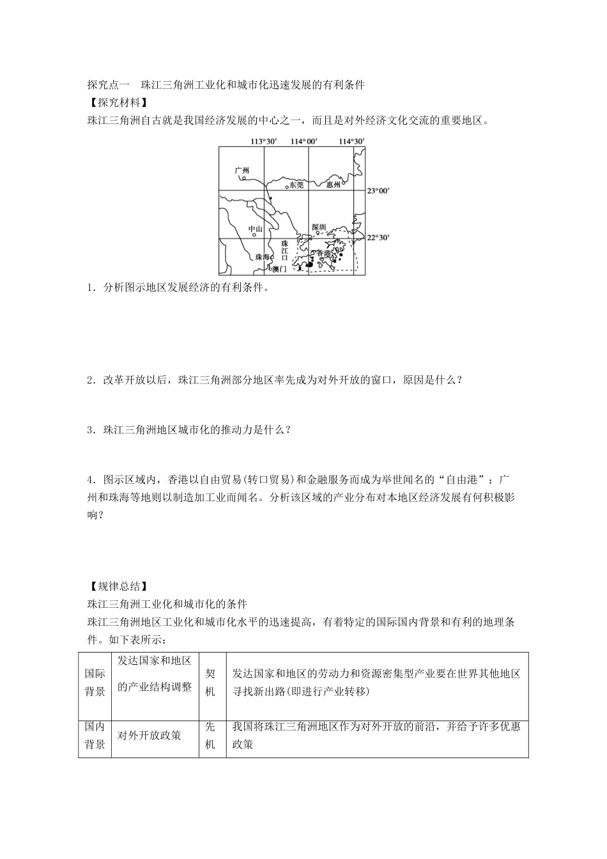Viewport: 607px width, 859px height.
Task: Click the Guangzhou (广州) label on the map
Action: tap(241, 170)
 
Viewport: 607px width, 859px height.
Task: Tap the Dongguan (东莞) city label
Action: tap(296, 185)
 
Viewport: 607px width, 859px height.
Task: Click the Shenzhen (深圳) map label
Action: tap(319, 228)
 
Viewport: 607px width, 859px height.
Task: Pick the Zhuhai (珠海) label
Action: tap(263, 256)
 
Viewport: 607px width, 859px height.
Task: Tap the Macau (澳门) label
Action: tap(279, 270)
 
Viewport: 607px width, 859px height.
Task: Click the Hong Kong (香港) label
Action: tap(325, 254)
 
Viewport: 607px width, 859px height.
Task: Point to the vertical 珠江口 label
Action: tap(285, 251)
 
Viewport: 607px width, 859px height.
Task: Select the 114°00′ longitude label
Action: tap(304, 141)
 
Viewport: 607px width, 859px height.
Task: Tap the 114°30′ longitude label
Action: tap(351, 141)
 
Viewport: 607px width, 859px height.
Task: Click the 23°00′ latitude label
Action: tap(378, 190)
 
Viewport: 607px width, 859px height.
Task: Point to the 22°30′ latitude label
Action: tap(378, 238)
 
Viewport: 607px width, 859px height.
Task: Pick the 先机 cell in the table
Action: tap(210, 735)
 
